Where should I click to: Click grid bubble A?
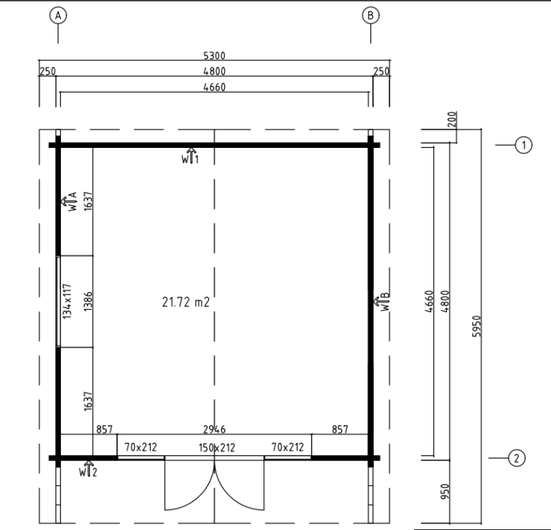tap(58, 16)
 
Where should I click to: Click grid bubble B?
tap(370, 16)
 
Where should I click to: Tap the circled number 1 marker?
tap(524, 145)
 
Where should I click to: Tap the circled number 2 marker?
tap(517, 458)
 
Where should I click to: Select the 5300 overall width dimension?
tap(215, 55)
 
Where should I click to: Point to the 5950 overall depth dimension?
tap(476, 326)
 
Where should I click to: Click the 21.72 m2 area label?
tap(186, 302)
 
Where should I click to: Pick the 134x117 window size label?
tap(67, 302)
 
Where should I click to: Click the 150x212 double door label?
tap(217, 447)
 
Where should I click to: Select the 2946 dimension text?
tap(215, 429)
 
